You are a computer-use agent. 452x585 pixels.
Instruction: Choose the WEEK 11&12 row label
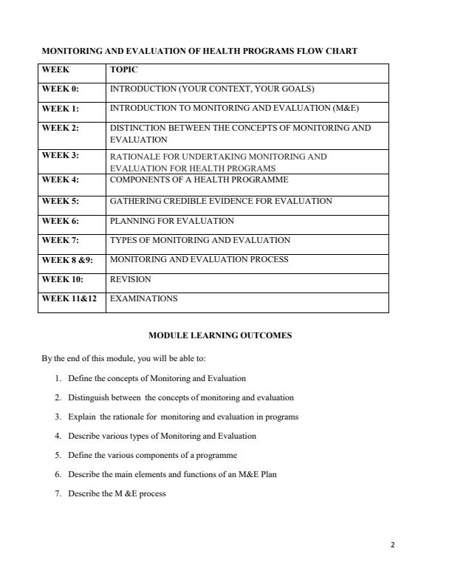coord(69,299)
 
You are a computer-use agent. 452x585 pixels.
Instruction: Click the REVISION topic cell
coord(130,280)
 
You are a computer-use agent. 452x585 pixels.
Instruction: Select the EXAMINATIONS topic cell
coord(143,299)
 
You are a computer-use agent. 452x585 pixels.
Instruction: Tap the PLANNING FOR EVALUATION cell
coord(171,221)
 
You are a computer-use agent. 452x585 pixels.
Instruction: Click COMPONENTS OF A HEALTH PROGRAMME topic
coord(199,179)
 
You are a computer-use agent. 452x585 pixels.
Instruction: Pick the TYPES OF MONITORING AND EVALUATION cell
coord(199,240)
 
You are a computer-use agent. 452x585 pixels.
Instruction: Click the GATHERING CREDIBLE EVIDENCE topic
coord(221,201)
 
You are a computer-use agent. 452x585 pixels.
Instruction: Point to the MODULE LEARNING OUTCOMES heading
coord(220,335)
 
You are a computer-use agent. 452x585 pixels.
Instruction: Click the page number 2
coord(393,545)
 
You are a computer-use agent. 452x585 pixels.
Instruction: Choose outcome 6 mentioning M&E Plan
coord(171,474)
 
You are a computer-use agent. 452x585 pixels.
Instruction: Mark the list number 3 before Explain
coord(58,417)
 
